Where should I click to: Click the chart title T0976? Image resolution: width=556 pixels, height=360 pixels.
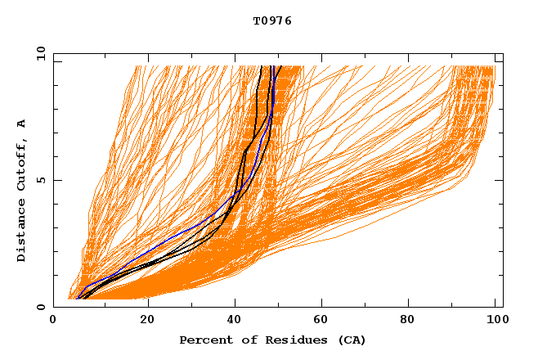[272, 21]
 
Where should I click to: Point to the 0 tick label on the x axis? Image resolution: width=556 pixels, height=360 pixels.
[53, 321]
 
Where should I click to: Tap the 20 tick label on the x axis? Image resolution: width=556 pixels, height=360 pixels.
[146, 321]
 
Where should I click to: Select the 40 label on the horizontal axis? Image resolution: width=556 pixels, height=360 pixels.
[235, 321]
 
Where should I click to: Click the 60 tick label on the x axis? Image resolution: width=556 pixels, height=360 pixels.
[323, 321]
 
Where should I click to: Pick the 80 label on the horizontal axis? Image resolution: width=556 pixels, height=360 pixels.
[411, 321]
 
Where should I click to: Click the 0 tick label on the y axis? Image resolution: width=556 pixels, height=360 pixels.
[39, 307]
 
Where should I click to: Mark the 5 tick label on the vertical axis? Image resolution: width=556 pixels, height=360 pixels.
[39, 180]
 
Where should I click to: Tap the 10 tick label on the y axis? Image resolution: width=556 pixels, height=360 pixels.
[39, 53]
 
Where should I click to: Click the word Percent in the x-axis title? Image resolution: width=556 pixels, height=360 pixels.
[204, 340]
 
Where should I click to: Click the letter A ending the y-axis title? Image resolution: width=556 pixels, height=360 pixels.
[21, 123]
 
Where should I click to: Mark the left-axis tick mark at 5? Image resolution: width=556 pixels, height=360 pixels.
[56, 180]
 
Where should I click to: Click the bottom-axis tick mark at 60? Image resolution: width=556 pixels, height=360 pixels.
[323, 304]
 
